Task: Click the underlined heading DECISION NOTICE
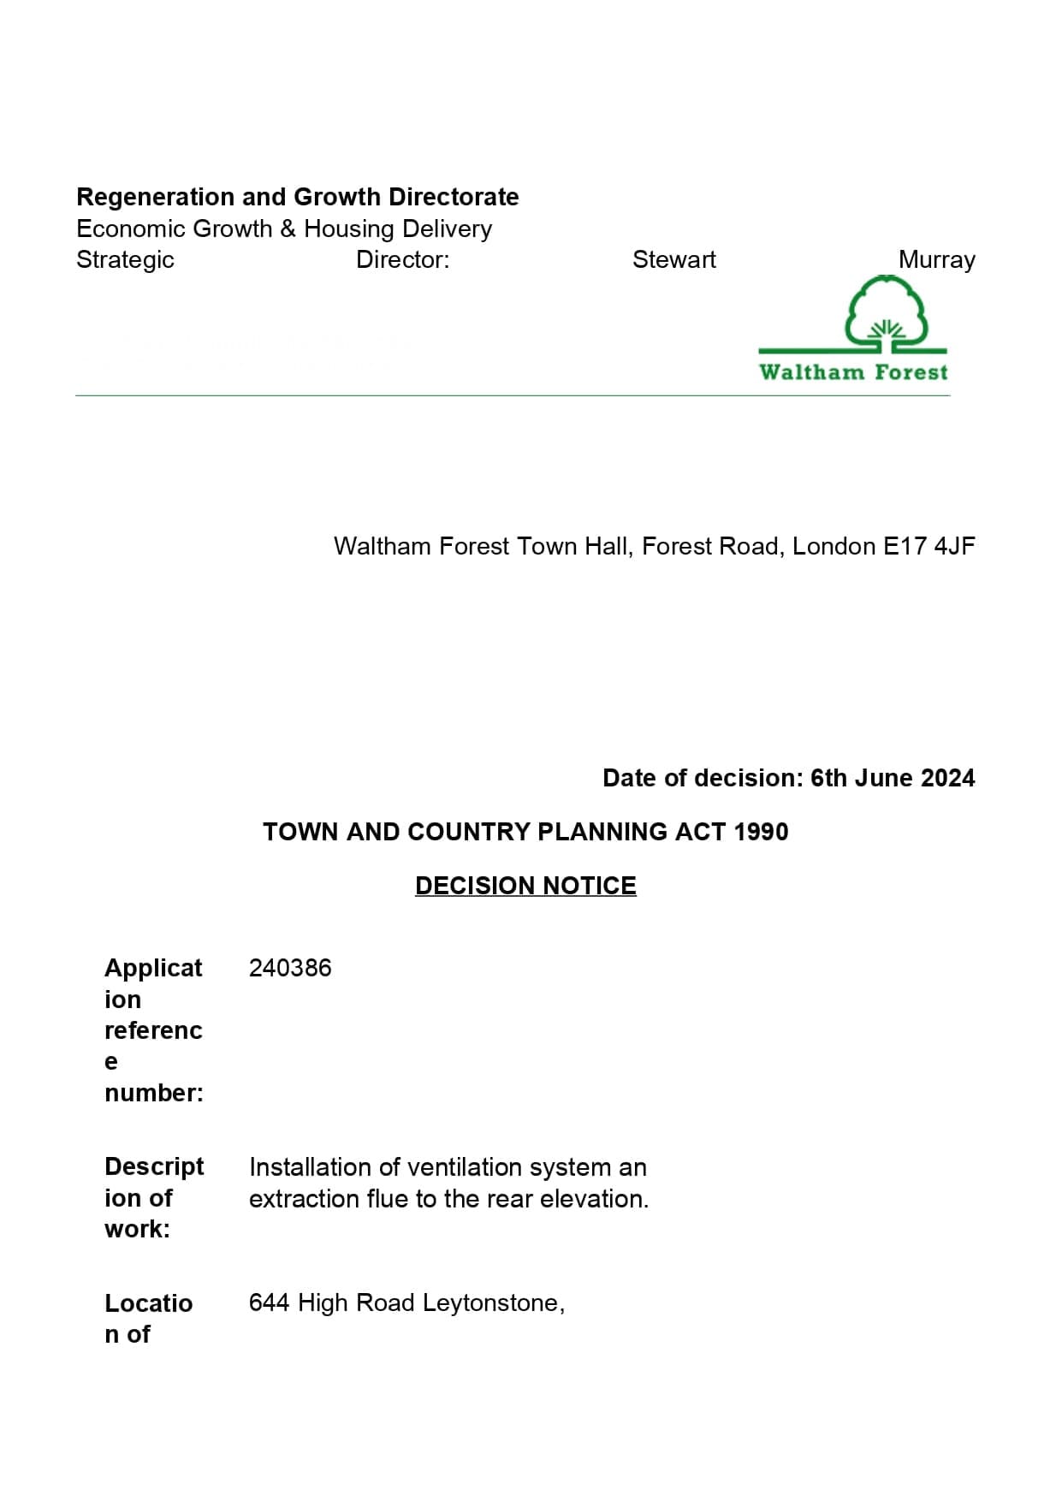pos(525,885)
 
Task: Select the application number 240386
pos(290,968)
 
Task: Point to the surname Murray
pos(936,259)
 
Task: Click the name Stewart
pos(673,259)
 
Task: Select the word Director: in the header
pos(402,259)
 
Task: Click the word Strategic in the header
pos(125,260)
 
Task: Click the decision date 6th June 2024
pos(893,778)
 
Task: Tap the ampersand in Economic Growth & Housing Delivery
pos(288,229)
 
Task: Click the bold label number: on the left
pos(154,1093)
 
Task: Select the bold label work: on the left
pos(137,1230)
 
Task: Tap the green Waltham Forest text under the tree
pos(853,372)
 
